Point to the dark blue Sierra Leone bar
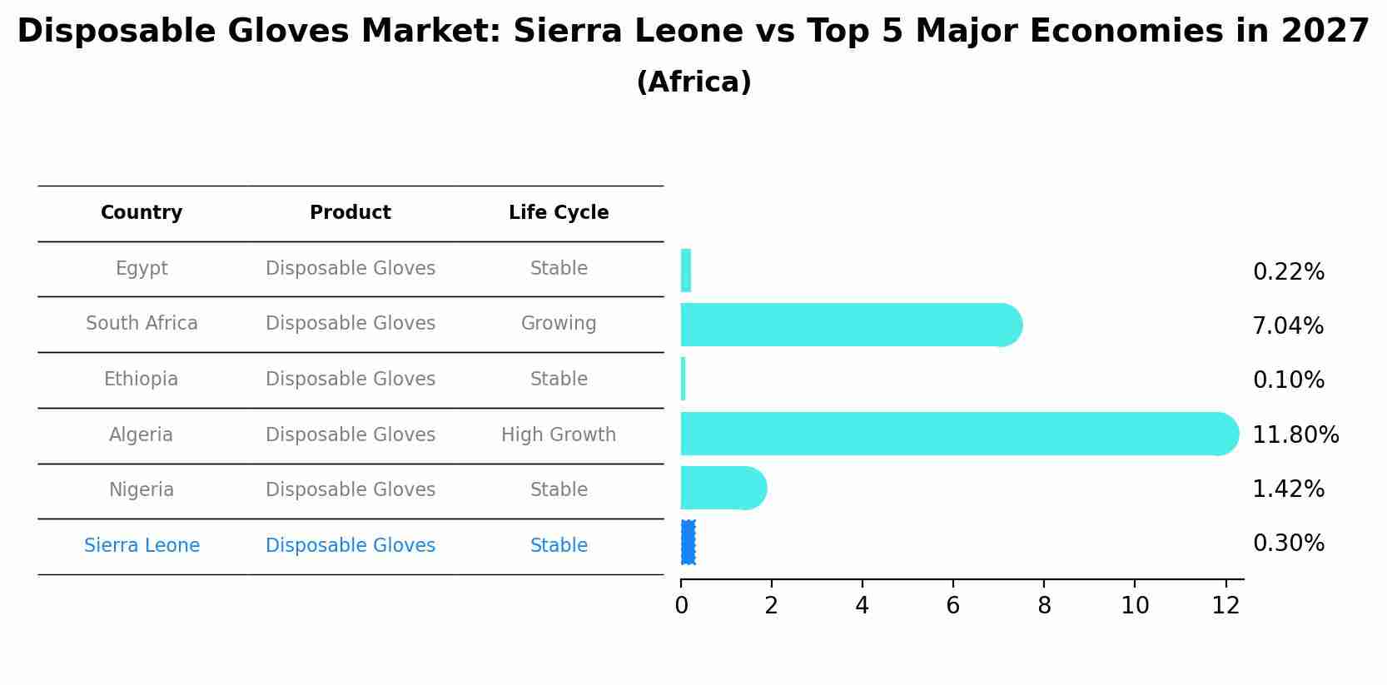[x=688, y=543]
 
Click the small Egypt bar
[x=686, y=271]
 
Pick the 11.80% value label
[x=1295, y=435]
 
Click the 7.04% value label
[x=1288, y=326]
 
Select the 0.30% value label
[x=1288, y=544]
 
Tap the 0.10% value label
[x=1288, y=380]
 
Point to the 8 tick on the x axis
[x=1044, y=605]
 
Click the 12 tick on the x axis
[x=1225, y=605]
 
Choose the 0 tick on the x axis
[x=681, y=605]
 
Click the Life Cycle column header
[x=559, y=213]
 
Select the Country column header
[x=142, y=213]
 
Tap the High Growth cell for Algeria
[x=559, y=434]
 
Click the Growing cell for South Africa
[x=559, y=323]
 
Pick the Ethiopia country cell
[x=142, y=380]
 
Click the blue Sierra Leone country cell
[x=142, y=546]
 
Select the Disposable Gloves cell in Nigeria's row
[x=350, y=489]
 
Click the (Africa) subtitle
[x=693, y=82]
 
